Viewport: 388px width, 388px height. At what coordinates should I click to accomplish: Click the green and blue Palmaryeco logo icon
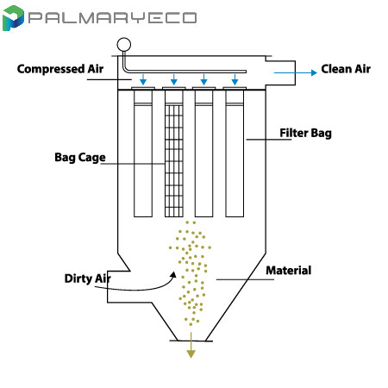pyautogui.click(x=13, y=18)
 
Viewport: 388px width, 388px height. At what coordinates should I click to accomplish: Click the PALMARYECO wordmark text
pyautogui.click(x=112, y=17)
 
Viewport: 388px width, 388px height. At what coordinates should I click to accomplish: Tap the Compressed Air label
pyautogui.click(x=60, y=69)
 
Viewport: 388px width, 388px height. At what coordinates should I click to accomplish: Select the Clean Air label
pyautogui.click(x=346, y=69)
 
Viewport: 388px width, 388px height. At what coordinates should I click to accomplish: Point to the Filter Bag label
pyautogui.click(x=305, y=134)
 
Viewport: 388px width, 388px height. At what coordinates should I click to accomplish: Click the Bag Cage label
pyautogui.click(x=80, y=158)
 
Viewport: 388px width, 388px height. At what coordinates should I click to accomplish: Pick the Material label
pyautogui.click(x=289, y=271)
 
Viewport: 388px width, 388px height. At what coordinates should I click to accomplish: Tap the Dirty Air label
pyautogui.click(x=88, y=278)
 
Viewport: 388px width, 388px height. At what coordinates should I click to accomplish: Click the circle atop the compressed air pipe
pyautogui.click(x=124, y=45)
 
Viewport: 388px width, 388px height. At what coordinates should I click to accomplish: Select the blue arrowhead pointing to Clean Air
pyautogui.click(x=314, y=72)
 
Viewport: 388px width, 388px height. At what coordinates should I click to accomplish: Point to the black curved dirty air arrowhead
pyautogui.click(x=173, y=275)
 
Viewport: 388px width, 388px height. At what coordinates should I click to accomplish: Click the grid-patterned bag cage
pyautogui.click(x=174, y=160)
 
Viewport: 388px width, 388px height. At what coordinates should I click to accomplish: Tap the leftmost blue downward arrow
pyautogui.click(x=143, y=79)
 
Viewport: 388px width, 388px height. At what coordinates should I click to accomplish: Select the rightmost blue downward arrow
pyautogui.click(x=235, y=79)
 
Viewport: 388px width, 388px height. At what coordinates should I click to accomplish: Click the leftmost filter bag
pyautogui.click(x=143, y=153)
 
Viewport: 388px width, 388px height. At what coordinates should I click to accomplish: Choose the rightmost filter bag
pyautogui.click(x=235, y=153)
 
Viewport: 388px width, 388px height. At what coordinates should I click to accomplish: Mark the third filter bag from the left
pyautogui.click(x=203, y=153)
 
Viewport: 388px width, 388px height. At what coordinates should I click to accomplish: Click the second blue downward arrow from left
pyautogui.click(x=174, y=79)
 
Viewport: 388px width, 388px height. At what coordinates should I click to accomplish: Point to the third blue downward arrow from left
pyautogui.click(x=203, y=79)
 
